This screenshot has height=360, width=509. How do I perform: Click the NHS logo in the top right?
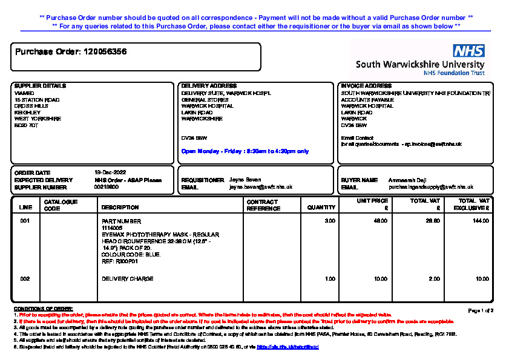pyautogui.click(x=468, y=51)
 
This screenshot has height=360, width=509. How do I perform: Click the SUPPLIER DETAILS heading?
pyautogui.click(x=40, y=86)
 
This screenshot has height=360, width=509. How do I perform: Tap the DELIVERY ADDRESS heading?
pyautogui.click(x=209, y=86)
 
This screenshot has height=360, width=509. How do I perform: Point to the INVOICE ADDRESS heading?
pyautogui.click(x=366, y=86)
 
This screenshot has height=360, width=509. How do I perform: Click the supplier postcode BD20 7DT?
pyautogui.click(x=26, y=125)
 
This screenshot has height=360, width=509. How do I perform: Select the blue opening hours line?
pyautogui.click(x=245, y=151)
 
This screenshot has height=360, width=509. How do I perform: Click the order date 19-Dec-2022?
pyautogui.click(x=109, y=173)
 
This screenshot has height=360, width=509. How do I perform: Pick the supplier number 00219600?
pyautogui.click(x=107, y=187)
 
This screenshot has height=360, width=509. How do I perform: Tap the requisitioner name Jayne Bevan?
pyautogui.click(x=246, y=180)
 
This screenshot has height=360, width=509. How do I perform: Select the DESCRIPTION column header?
pyautogui.click(x=120, y=208)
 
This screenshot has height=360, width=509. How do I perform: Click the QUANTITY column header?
pyautogui.click(x=321, y=208)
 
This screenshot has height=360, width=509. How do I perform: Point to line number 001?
pyautogui.click(x=25, y=221)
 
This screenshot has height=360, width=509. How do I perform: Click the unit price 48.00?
pyautogui.click(x=380, y=221)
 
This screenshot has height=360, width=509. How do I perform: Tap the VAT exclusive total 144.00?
pyautogui.click(x=481, y=221)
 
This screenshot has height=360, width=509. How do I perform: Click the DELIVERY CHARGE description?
pyautogui.click(x=128, y=279)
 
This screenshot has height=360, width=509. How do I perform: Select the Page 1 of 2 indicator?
pyautogui.click(x=481, y=310)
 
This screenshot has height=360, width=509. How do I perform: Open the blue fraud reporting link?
pyautogui.click(x=287, y=347)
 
